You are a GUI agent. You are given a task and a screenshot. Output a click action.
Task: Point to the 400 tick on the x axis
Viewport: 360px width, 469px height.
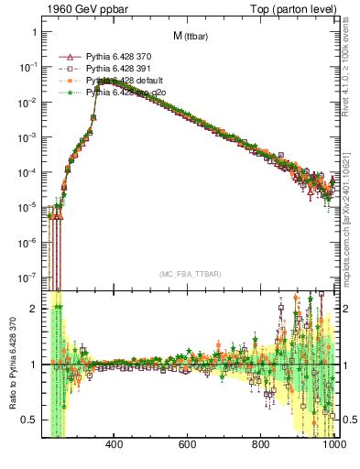pos(115,445)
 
